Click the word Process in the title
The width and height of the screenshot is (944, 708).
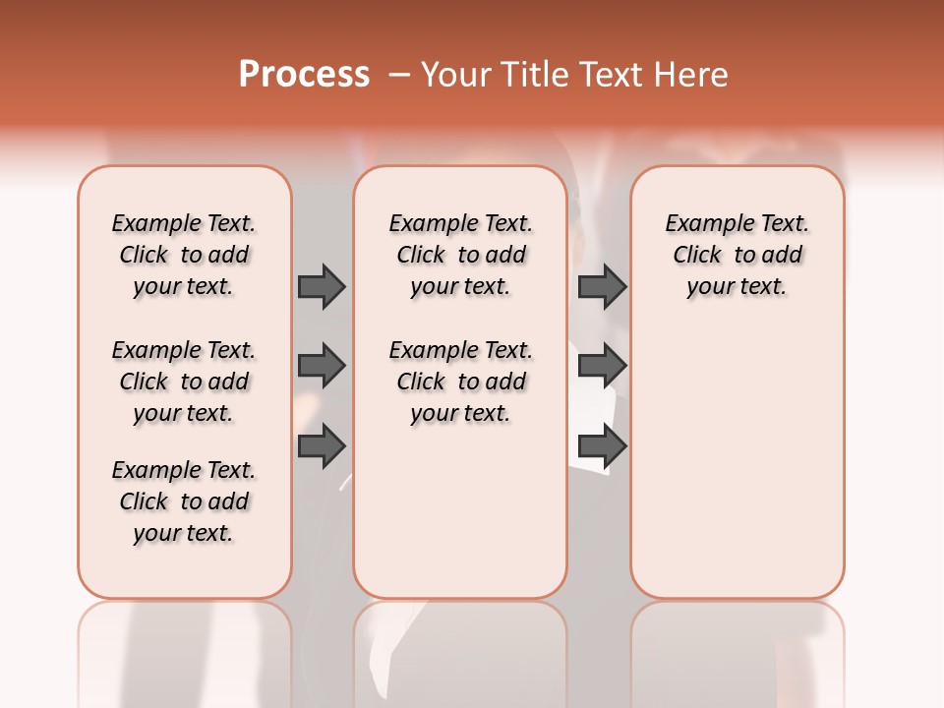click(x=304, y=75)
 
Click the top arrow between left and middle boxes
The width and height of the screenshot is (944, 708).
click(x=322, y=286)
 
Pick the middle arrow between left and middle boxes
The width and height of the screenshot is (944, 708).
click(x=322, y=366)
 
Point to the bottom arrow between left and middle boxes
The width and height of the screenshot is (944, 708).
click(x=322, y=446)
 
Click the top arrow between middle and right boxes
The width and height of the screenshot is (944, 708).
click(x=603, y=286)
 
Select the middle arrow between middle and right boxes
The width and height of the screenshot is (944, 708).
click(x=603, y=366)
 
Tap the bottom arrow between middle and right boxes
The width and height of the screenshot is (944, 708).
click(x=603, y=446)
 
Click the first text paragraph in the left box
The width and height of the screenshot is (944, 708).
click(x=184, y=255)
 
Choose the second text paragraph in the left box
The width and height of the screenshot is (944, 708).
click(x=184, y=382)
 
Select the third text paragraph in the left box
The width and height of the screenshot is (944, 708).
click(x=184, y=501)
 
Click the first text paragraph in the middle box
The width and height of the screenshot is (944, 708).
click(x=461, y=255)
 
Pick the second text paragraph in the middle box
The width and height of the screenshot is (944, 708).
click(x=461, y=382)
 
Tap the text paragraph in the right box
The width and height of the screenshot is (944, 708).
click(x=737, y=255)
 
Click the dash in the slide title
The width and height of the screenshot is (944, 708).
click(x=399, y=75)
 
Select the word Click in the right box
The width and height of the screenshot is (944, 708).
click(x=697, y=256)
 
